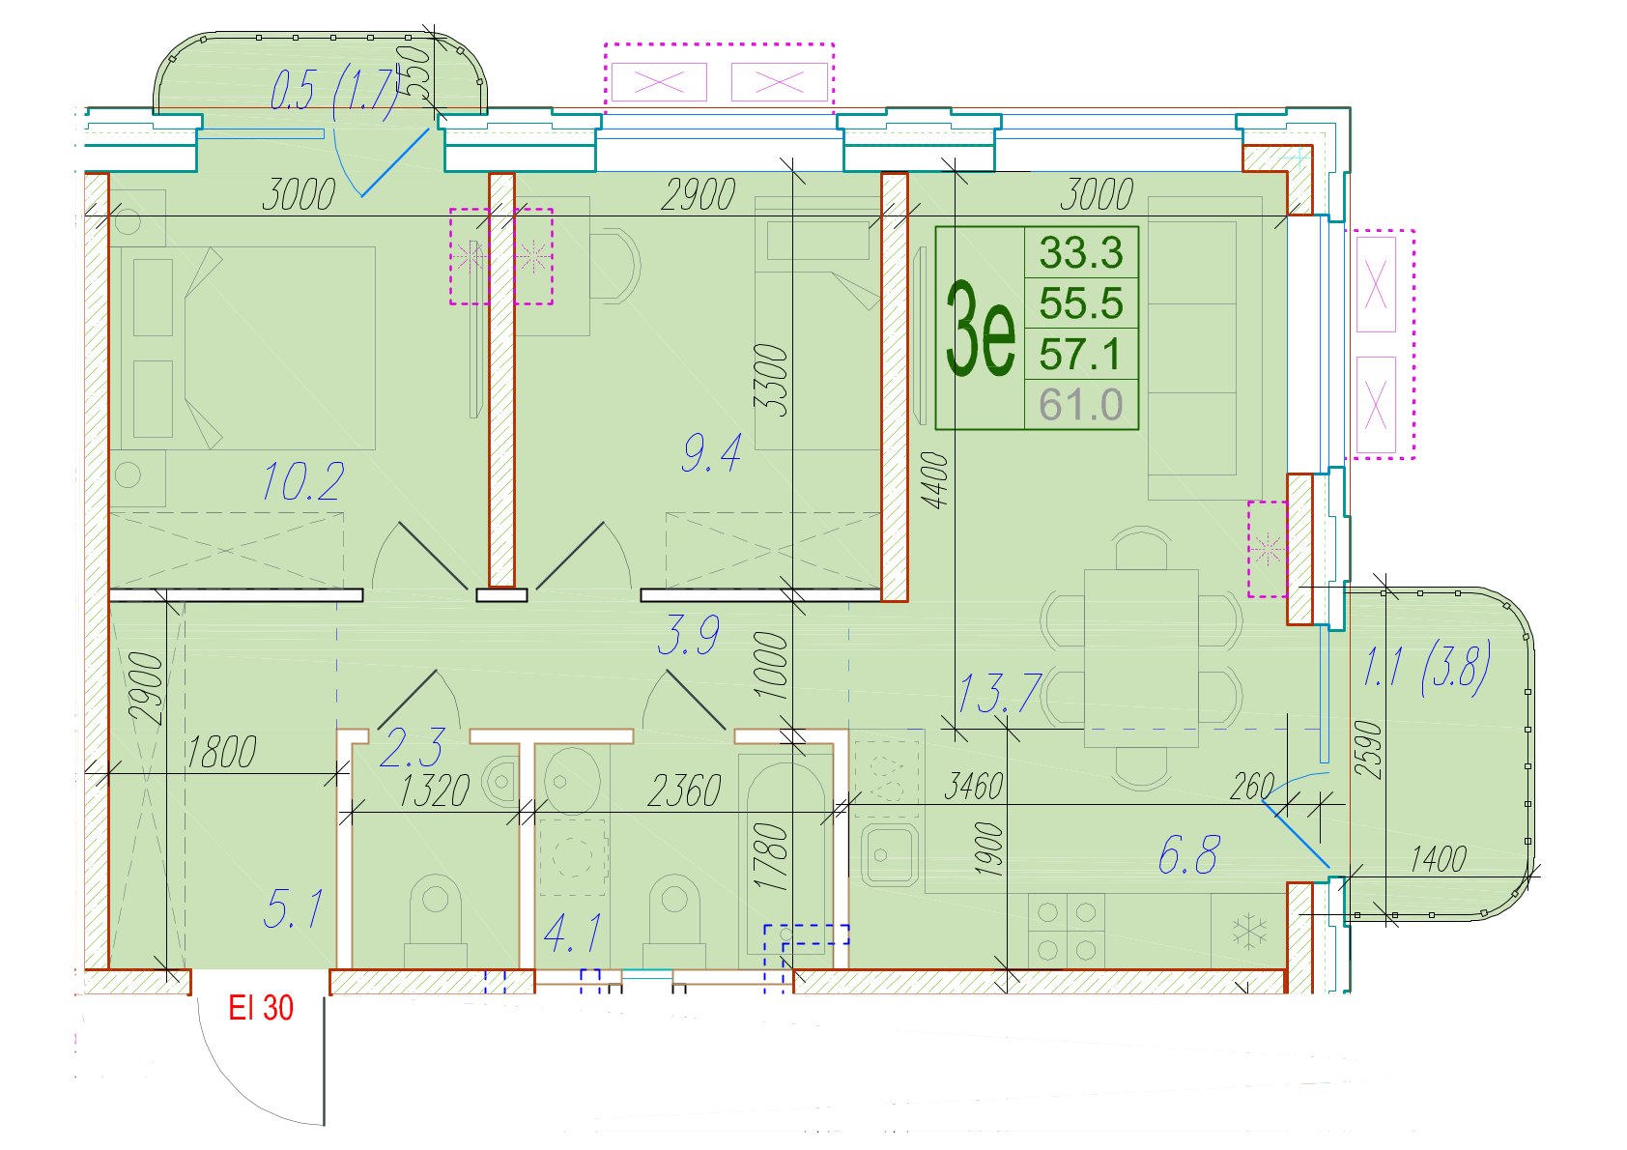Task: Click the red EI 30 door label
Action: (x=261, y=1008)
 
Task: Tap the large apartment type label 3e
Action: (x=980, y=329)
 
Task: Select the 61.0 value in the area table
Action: (x=1081, y=405)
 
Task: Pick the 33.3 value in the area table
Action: (x=1081, y=253)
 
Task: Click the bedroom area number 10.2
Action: (x=302, y=481)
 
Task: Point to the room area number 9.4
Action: (x=712, y=452)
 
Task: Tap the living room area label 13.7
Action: (x=1000, y=693)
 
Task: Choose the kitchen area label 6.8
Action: (x=1189, y=854)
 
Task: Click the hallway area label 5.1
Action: (x=292, y=908)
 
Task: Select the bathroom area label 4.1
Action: (x=572, y=933)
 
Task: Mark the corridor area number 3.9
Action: (x=689, y=634)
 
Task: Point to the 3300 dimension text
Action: (x=771, y=380)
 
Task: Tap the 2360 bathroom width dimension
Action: (x=684, y=791)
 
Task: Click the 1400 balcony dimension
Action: (x=1439, y=859)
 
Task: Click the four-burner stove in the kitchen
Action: (x=1067, y=931)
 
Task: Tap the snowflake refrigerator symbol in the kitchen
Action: (x=1249, y=933)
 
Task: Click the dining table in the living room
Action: (x=1141, y=658)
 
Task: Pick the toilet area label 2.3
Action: (x=412, y=748)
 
